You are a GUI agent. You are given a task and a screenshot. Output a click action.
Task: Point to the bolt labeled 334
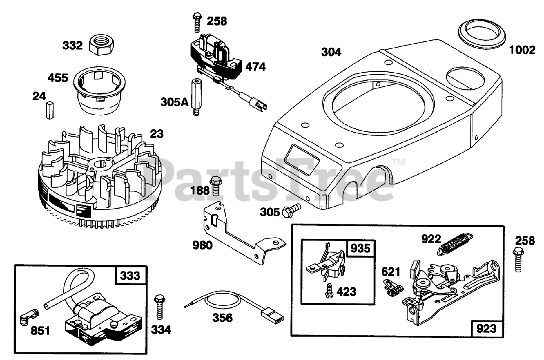pyautogui.click(x=159, y=306)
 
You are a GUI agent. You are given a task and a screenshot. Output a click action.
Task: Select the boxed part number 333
pyautogui.click(x=130, y=275)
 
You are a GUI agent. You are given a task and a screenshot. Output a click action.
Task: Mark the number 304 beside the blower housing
pyautogui.click(x=331, y=52)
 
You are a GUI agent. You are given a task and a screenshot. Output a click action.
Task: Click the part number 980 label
pyautogui.click(x=202, y=246)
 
